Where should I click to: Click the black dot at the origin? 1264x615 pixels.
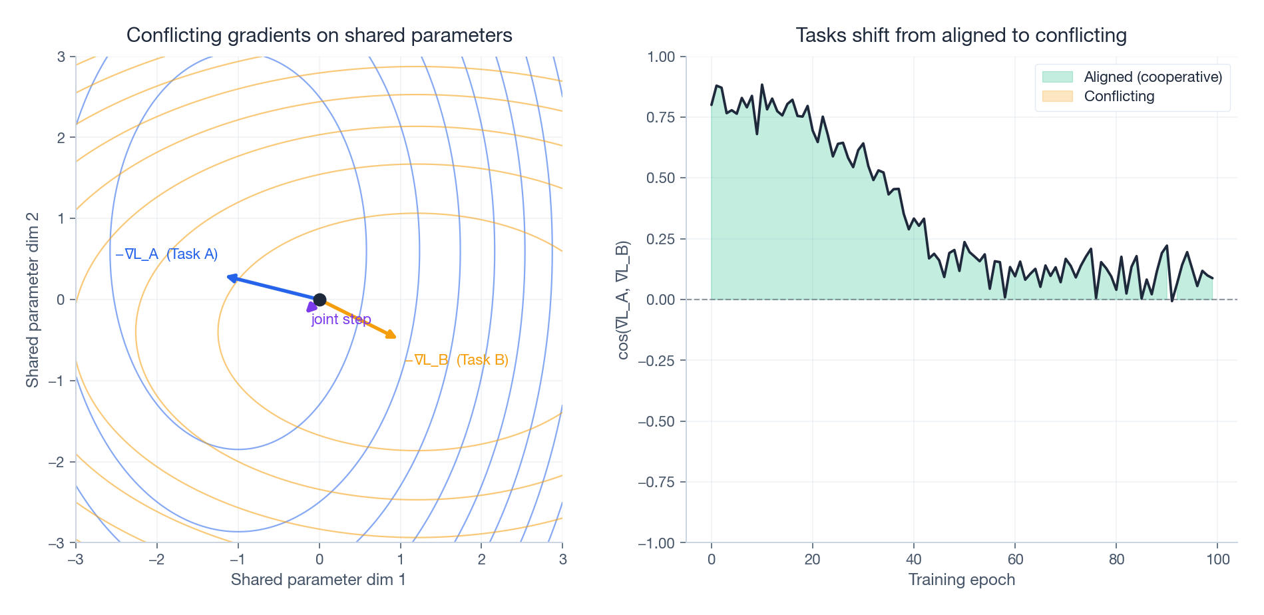pyautogui.click(x=319, y=300)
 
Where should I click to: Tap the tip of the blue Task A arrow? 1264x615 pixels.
pyautogui.click(x=229, y=276)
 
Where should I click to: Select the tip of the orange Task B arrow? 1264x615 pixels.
pyautogui.click(x=395, y=337)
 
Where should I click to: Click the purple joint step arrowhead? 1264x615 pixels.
pyautogui.click(x=311, y=307)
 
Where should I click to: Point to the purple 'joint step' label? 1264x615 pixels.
pyautogui.click(x=341, y=319)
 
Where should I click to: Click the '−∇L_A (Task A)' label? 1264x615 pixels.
pyautogui.click(x=166, y=254)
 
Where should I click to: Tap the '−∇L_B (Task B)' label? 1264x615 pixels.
pyautogui.click(x=457, y=360)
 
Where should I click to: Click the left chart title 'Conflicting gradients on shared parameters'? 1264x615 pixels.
pyautogui.click(x=319, y=35)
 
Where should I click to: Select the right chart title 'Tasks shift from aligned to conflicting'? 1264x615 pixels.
pyautogui.click(x=961, y=35)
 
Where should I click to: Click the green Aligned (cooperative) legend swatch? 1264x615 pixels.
pyautogui.click(x=1057, y=77)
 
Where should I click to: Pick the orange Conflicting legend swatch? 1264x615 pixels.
pyautogui.click(x=1057, y=97)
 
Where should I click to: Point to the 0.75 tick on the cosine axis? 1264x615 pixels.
pyautogui.click(x=661, y=117)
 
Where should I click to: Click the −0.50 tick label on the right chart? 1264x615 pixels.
pyautogui.click(x=656, y=421)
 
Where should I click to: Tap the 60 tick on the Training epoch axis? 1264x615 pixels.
pyautogui.click(x=1015, y=560)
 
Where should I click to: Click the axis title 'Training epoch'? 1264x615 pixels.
pyautogui.click(x=961, y=580)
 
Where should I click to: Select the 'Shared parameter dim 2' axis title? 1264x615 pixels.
pyautogui.click(x=32, y=300)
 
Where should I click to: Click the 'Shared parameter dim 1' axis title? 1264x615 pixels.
pyautogui.click(x=318, y=580)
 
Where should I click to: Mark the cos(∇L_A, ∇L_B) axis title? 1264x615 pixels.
pyautogui.click(x=623, y=300)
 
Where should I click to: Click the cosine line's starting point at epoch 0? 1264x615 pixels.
pyautogui.click(x=712, y=104)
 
